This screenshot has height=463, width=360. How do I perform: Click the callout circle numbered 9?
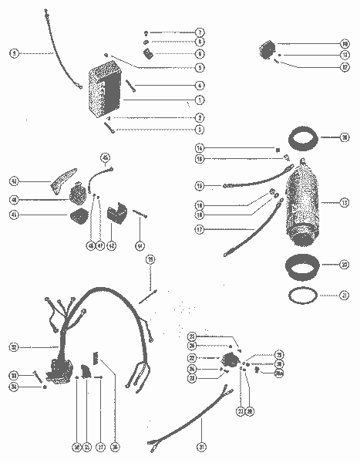click(x=14, y=53)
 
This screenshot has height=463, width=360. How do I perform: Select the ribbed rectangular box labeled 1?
click(x=105, y=93)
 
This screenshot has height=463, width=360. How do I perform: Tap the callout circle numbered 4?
click(x=200, y=85)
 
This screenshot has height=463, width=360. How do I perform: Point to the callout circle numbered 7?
click(x=200, y=32)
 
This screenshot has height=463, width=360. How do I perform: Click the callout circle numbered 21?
click(x=345, y=296)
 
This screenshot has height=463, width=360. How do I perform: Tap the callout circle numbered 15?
click(x=199, y=186)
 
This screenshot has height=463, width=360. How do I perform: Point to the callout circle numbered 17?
click(x=199, y=229)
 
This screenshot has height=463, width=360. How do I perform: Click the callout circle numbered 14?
click(x=199, y=147)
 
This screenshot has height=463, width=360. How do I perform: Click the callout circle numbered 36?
click(x=116, y=446)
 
